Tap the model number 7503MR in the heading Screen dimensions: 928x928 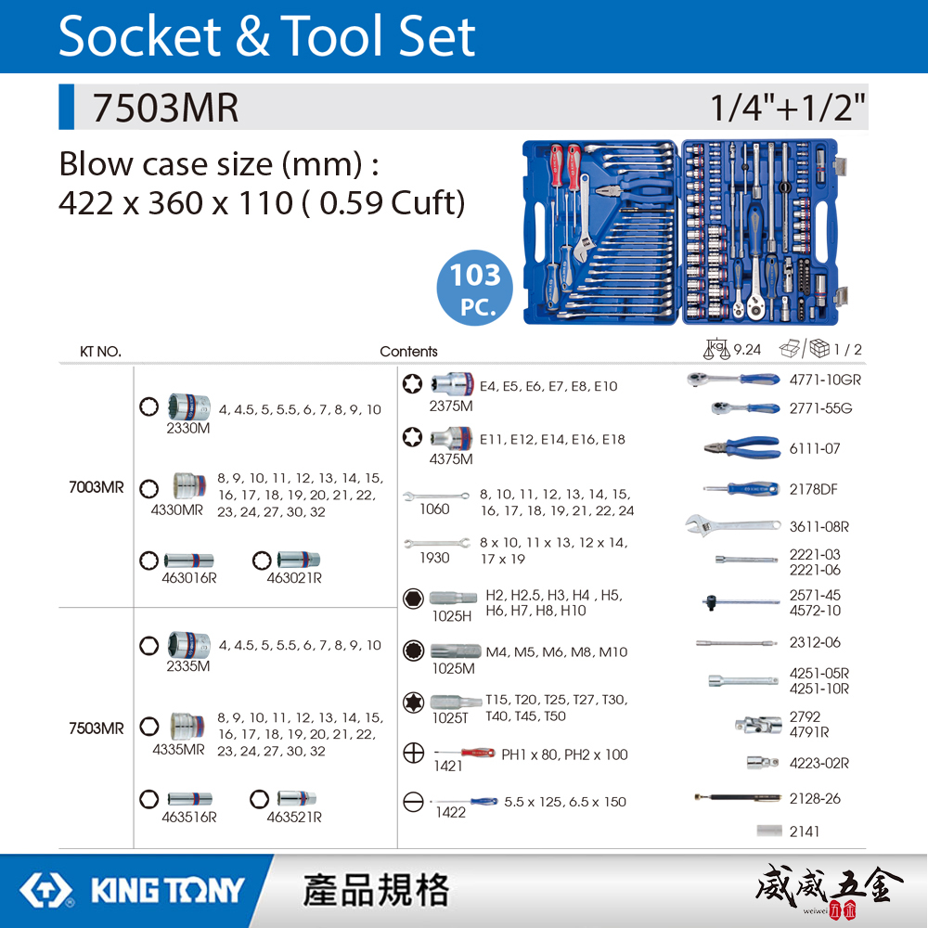[x=164, y=109]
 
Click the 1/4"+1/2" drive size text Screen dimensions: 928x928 [x=788, y=109]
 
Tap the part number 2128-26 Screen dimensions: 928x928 [x=815, y=798]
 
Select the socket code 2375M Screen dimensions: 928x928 [x=451, y=406]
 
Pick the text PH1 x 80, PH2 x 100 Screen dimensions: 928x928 [x=564, y=754]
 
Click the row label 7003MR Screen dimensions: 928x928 [x=96, y=487]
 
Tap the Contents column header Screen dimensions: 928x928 [x=408, y=351]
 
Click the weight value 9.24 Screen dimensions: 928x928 [x=747, y=350]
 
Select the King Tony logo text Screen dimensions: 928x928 [x=167, y=891]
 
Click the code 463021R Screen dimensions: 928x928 [x=294, y=578]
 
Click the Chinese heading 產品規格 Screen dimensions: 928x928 [x=376, y=890]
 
